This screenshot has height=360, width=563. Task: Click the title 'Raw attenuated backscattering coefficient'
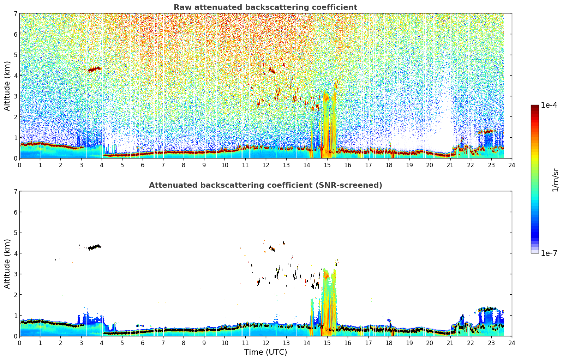coord(265,7)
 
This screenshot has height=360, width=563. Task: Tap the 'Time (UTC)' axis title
coord(265,352)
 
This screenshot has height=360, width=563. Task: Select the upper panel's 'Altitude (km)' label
coord(7,86)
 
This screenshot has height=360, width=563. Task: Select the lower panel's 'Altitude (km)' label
coord(7,264)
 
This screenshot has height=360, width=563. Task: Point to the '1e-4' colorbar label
coord(549,105)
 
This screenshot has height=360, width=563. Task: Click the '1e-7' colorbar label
coord(549,253)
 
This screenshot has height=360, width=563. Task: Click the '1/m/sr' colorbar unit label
coord(555,180)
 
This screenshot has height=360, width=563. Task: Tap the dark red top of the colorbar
coord(535,107)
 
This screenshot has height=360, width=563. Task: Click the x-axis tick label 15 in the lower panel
coord(327,343)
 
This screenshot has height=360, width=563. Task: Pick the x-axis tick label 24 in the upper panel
coord(512,165)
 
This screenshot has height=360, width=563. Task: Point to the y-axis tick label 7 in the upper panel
coord(15,13)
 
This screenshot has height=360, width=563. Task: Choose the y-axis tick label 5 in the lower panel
coord(15,233)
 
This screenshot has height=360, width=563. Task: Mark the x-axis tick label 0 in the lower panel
coord(20,343)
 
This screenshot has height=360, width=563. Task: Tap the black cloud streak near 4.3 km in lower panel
coord(94,247)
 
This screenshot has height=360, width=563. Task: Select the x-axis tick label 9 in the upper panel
coord(204,165)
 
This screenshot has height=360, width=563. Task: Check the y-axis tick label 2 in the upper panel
coord(15,117)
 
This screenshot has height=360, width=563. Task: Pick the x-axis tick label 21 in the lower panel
coord(450,343)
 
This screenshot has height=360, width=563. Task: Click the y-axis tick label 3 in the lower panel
coord(15,274)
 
